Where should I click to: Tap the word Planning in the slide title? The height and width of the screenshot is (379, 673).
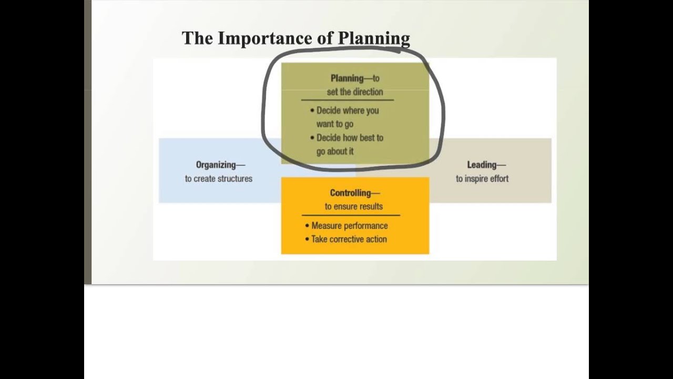click(x=374, y=38)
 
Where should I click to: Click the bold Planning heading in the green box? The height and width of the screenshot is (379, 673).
click(x=347, y=78)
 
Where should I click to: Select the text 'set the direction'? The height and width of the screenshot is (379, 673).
click(x=355, y=92)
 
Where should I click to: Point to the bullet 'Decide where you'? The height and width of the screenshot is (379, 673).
click(x=347, y=111)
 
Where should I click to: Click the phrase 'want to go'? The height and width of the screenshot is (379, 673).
click(x=334, y=124)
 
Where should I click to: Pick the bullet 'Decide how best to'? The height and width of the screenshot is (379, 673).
click(x=350, y=138)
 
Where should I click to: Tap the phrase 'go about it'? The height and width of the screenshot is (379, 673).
click(x=335, y=152)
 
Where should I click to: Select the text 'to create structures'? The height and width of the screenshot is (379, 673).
click(x=219, y=178)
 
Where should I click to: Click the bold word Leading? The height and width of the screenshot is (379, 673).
click(x=482, y=165)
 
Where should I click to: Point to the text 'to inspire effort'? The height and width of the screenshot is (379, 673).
click(x=482, y=178)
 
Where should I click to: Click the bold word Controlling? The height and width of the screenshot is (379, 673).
click(x=351, y=193)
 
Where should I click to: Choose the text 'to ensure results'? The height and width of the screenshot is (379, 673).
click(x=354, y=206)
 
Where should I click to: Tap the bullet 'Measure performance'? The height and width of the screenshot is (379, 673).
click(x=349, y=226)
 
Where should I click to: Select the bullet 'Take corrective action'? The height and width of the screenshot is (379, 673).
click(x=349, y=239)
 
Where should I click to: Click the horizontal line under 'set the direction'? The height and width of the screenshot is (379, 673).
click(x=347, y=100)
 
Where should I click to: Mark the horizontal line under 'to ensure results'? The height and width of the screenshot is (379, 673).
click(x=351, y=215)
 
